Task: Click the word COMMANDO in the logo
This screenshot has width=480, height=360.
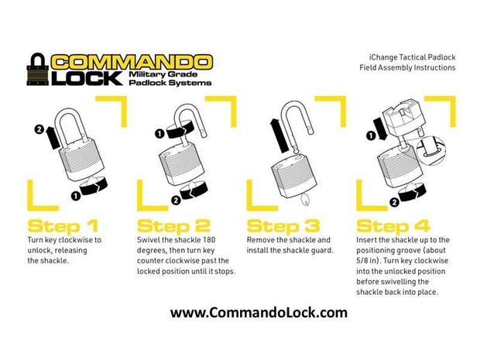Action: [x=131, y=62]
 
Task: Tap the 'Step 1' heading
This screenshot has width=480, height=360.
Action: [x=63, y=226]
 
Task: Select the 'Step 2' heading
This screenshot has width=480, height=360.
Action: [x=173, y=226]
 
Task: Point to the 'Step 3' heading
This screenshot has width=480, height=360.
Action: [x=283, y=226]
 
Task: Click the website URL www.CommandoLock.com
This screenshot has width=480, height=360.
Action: [x=259, y=313]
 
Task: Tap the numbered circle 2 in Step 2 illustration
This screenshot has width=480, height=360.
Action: [x=175, y=199]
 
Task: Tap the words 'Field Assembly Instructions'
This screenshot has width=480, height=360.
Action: [x=407, y=67]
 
